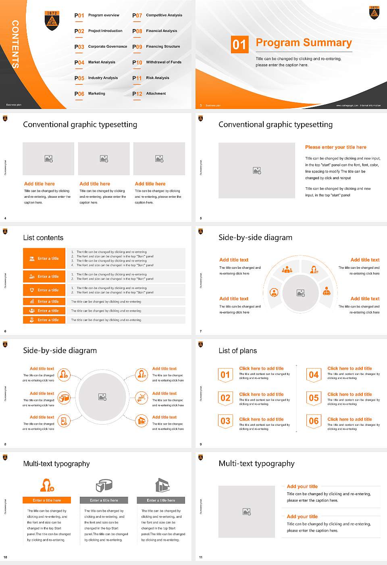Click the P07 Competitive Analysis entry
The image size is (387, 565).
pos(158,15)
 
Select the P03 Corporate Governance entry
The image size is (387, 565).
pos(101,47)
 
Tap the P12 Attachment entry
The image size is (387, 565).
pos(150,94)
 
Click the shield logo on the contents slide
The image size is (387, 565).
pos(52,21)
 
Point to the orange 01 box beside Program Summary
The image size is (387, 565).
pos(239,44)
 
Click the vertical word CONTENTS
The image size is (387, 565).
pos(15,44)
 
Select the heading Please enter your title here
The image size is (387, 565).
pos(335,147)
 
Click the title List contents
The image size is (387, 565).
pos(43,238)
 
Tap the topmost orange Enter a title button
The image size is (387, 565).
pos(44,258)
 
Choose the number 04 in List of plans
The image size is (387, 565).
pos(314,375)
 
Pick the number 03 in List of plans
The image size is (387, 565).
pos(225,421)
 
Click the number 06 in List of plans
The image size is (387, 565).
pos(314,421)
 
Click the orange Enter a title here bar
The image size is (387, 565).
pos(47,500)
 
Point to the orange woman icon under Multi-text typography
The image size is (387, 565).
pos(47,485)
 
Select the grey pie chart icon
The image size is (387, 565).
pos(104,485)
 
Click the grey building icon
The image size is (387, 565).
pos(162,485)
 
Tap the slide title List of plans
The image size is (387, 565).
pos(237,351)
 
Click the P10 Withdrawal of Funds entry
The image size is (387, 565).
pos(157,63)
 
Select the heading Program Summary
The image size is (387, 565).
pos(304,43)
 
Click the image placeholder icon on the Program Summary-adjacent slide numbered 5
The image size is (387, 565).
pos(257,171)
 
